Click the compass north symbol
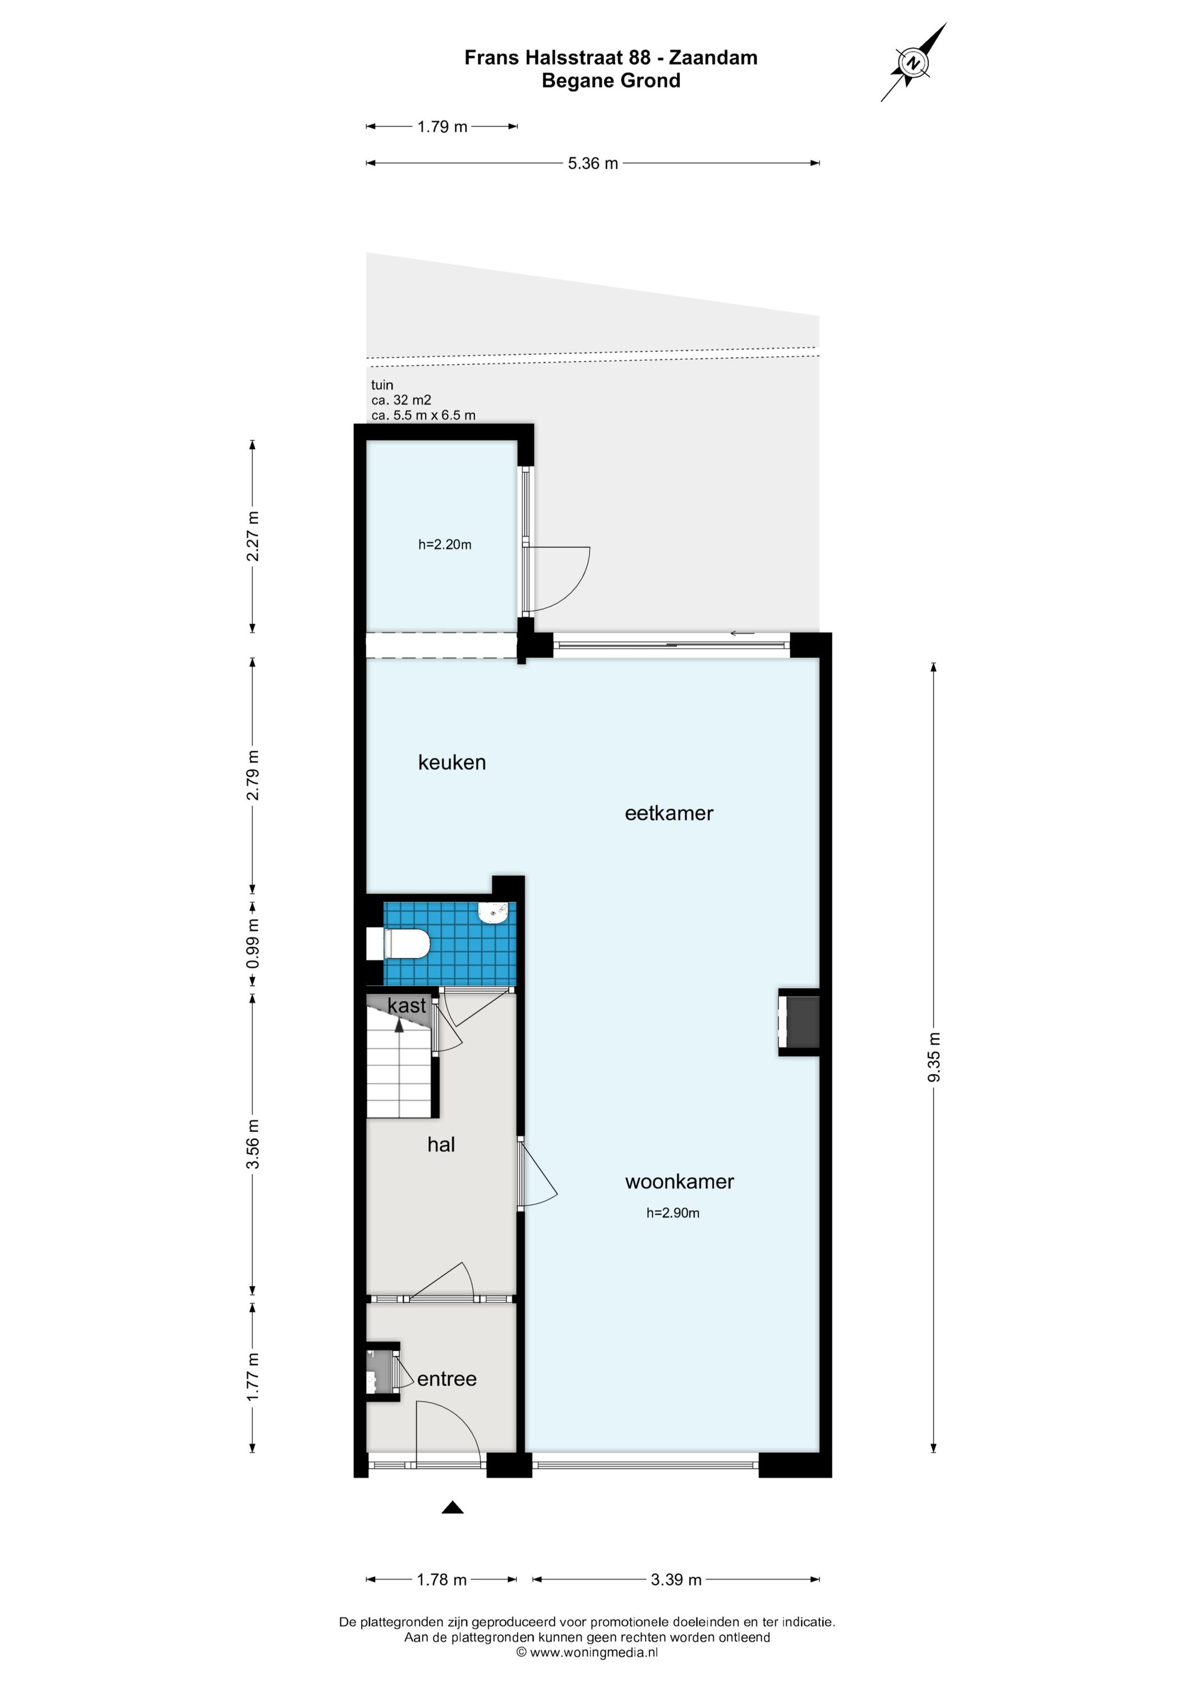pyautogui.click(x=913, y=62)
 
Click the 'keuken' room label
pyautogui.click(x=452, y=763)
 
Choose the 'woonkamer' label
pyautogui.click(x=679, y=1182)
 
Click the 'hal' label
pyautogui.click(x=441, y=1144)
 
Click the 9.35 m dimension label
pyautogui.click(x=934, y=1056)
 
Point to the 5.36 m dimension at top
pyautogui.click(x=593, y=163)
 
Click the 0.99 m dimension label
pyautogui.click(x=253, y=943)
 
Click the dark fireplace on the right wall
pyautogui.click(x=799, y=1023)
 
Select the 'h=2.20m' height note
pyautogui.click(x=445, y=544)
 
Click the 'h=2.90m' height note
pyautogui.click(x=673, y=1213)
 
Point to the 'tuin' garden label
pyautogui.click(x=382, y=385)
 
